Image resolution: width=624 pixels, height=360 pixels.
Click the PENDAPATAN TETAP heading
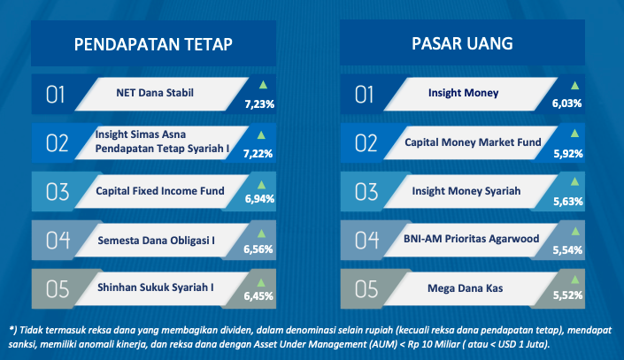point(153,44)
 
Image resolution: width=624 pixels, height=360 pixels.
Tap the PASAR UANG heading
point(462,43)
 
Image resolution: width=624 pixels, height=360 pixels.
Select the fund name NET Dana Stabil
point(155,93)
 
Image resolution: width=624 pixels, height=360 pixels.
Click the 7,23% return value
point(259,104)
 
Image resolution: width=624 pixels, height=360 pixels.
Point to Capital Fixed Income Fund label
point(160,191)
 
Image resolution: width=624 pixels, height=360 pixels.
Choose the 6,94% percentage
point(259,198)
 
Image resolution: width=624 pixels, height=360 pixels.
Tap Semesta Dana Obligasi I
point(156,241)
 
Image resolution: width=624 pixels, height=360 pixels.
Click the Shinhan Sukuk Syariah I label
point(156,287)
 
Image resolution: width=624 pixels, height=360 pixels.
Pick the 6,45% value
point(258,296)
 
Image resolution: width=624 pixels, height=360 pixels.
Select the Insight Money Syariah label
point(466,191)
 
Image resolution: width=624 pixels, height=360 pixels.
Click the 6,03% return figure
point(566,103)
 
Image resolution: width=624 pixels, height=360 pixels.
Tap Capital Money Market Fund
point(473,142)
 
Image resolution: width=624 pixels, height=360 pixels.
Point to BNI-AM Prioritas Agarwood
point(471,239)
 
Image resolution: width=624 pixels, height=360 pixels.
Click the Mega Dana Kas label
point(466,288)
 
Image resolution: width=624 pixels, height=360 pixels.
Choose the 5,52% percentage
point(567,295)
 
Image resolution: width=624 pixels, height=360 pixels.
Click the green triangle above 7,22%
point(261,135)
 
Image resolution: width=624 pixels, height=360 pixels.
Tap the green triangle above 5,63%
point(574,182)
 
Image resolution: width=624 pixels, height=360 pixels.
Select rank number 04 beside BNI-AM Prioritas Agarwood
point(366,241)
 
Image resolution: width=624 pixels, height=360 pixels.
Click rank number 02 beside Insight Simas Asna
point(57,143)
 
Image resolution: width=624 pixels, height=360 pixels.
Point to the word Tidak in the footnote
point(31,330)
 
